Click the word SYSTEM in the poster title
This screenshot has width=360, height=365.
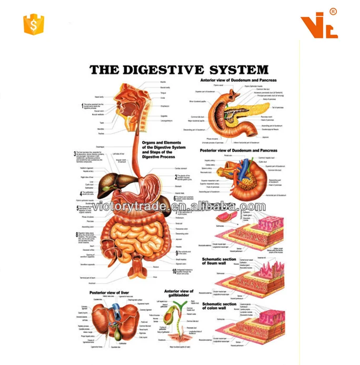241,70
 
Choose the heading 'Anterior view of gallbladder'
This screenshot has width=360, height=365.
179,293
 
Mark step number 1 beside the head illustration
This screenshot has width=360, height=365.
82,105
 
